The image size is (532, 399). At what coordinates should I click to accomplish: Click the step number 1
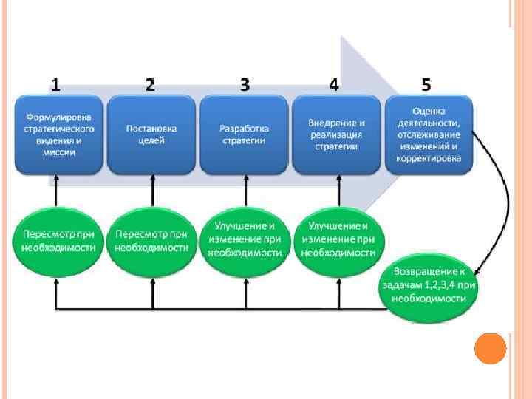coord(56,84)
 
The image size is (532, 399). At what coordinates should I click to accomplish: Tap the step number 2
coord(150,84)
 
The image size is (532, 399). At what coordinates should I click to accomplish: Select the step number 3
coord(245,84)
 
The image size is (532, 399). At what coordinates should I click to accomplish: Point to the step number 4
coord(334,84)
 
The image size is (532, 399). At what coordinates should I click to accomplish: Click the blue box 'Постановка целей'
coord(151,134)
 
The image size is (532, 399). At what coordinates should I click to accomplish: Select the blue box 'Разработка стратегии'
coord(245,134)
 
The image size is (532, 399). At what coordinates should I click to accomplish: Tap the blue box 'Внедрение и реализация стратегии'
coord(337,134)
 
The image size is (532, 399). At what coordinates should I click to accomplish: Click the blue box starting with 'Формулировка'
coord(58,134)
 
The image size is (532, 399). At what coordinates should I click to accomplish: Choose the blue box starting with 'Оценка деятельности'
coord(429,134)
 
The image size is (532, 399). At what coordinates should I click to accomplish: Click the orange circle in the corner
coord(490,348)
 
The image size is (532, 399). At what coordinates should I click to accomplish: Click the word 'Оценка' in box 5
coord(429,112)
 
